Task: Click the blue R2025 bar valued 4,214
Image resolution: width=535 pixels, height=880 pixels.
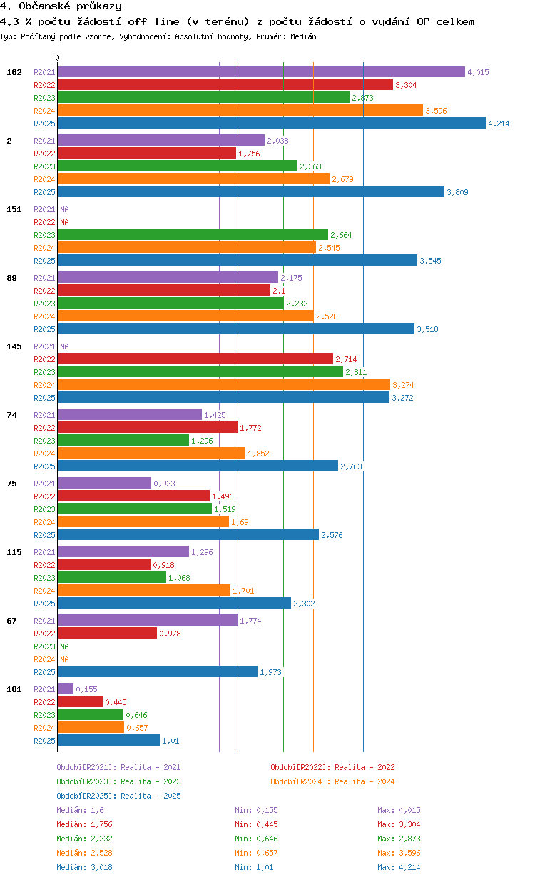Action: (x=272, y=124)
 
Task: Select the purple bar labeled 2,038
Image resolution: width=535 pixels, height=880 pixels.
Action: (x=162, y=140)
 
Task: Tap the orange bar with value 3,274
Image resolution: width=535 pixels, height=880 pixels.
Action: (x=225, y=384)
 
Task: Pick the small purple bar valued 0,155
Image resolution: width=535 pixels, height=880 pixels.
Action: (x=66, y=689)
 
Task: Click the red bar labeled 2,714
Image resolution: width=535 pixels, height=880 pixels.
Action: (x=195, y=359)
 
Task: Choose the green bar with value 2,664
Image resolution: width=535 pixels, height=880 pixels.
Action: (x=193, y=234)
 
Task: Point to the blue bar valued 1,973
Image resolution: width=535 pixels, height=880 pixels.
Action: (x=158, y=671)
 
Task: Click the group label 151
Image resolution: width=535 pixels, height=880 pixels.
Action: (x=14, y=209)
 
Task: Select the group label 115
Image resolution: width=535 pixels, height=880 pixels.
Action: (x=14, y=552)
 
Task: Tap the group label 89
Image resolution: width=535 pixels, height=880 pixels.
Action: (x=11, y=278)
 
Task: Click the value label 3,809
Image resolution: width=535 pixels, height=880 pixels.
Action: (x=457, y=192)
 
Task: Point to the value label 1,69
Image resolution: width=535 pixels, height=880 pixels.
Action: (x=240, y=522)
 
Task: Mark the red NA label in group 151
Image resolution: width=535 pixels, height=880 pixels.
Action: (x=64, y=222)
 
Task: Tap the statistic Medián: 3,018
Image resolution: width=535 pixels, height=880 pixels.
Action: (x=84, y=867)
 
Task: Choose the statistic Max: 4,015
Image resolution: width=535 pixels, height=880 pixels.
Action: (x=399, y=810)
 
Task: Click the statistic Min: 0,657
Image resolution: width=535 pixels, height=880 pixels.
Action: (x=256, y=853)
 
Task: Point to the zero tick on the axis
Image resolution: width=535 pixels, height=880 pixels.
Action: (x=57, y=58)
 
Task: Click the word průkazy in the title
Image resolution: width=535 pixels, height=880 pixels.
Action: (x=99, y=6)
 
